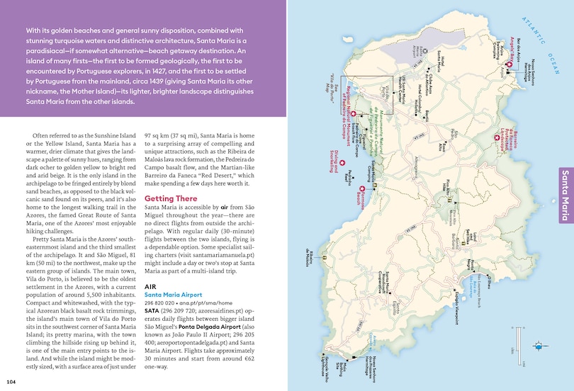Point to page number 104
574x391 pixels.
tap(10, 382)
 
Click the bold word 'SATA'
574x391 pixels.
tap(153, 310)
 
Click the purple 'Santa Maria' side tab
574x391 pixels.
tap(565, 194)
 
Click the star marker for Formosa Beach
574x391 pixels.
tap(361, 189)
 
